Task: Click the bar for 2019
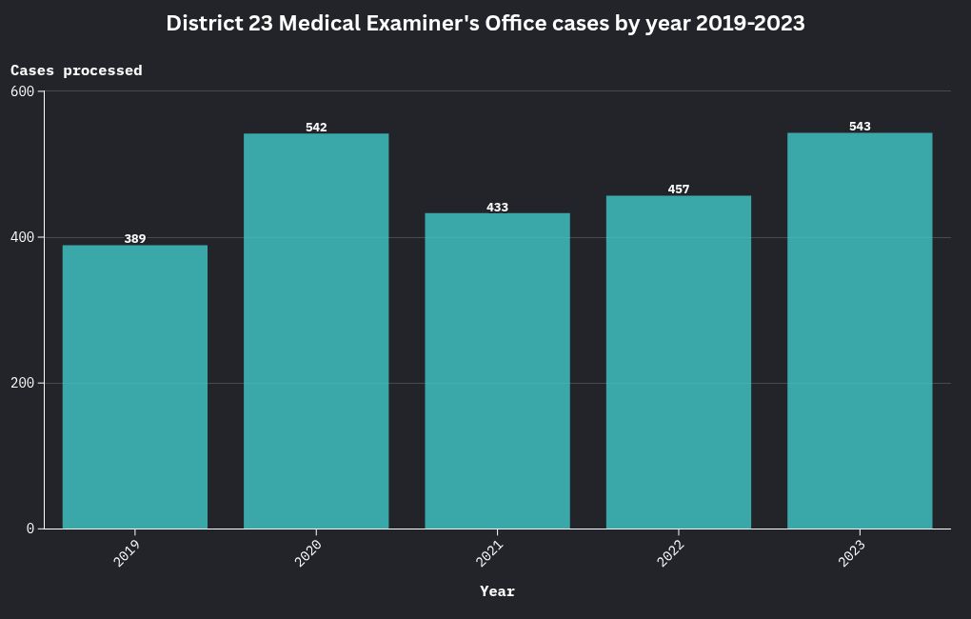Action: pos(135,387)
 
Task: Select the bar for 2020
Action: pos(316,330)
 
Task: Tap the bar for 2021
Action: pos(497,370)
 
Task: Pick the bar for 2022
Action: pos(679,362)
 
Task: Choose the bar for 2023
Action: pos(860,330)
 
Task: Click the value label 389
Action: pos(135,239)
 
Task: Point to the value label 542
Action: pos(316,127)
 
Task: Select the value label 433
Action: pos(497,207)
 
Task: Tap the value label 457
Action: pos(679,190)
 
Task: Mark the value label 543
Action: pos(860,127)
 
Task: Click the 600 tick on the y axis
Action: pos(22,91)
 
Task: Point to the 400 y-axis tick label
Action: pos(22,237)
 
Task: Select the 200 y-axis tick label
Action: pos(22,383)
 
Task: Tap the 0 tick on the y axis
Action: pos(30,529)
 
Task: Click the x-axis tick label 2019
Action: pos(127,553)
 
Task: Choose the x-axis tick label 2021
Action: pos(488,553)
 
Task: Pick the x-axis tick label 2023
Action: pos(851,553)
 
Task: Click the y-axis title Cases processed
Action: pos(76,70)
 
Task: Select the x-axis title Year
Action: pos(497,591)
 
